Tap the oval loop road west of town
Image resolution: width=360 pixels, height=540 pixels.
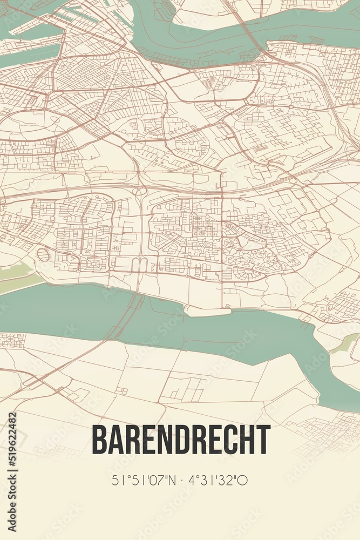pos(43,254)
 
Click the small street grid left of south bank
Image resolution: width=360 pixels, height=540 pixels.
pos(12,340)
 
